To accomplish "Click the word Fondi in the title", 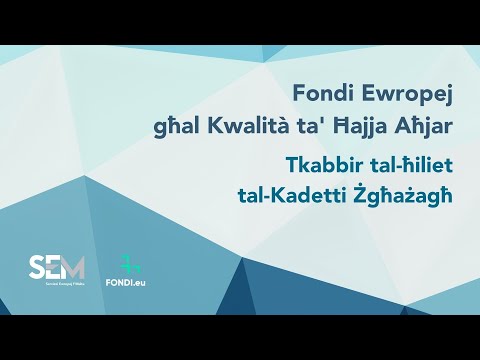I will coord(320,93).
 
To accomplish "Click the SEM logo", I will coord(57,271).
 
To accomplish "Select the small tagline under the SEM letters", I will coord(57,287).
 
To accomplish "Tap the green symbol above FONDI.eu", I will coord(129,265).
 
